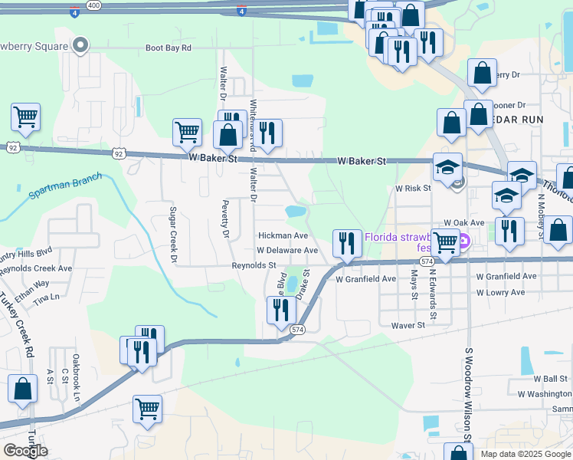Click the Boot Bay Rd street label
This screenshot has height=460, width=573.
[x=168, y=48]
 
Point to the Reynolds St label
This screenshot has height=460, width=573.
[x=254, y=265]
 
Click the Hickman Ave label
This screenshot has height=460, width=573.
[x=283, y=235]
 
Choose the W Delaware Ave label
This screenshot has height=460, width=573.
[x=287, y=251]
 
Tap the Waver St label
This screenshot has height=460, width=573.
[x=408, y=325]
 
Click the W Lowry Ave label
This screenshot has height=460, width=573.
[x=500, y=293]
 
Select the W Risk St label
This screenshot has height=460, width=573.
[x=414, y=188]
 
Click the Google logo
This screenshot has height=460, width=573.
[x=25, y=451]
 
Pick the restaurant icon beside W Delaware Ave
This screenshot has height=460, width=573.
[x=347, y=243]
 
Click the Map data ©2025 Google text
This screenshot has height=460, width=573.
[x=525, y=454]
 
